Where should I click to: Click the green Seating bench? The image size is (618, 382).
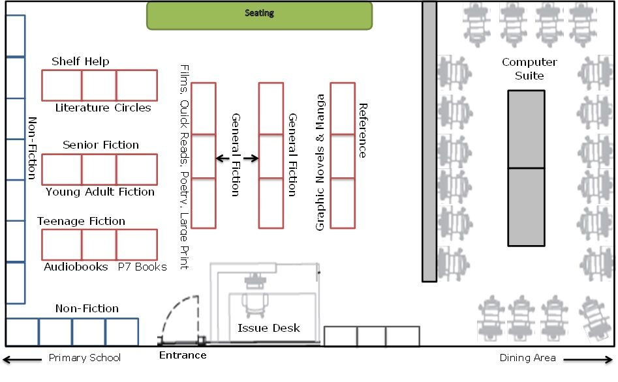(259, 15)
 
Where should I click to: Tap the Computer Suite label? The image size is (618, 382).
(529, 68)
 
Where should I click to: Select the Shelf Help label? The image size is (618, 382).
(80, 61)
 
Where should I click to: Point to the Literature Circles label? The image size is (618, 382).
(103, 108)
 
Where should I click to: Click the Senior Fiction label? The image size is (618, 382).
(100, 145)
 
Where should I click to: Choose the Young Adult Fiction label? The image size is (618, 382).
(100, 192)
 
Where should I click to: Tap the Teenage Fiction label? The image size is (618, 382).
(81, 221)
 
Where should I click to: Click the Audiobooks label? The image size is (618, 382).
(76, 267)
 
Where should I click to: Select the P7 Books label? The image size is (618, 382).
(142, 267)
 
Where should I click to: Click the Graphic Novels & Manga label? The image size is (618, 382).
(320, 162)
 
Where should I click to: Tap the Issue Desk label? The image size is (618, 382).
(269, 328)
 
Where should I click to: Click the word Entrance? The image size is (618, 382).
(183, 355)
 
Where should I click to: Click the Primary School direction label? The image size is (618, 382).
(85, 357)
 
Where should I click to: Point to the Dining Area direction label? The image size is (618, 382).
(527, 357)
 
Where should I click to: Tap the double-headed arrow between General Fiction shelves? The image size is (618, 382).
(237, 158)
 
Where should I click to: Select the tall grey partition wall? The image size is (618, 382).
(429, 141)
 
